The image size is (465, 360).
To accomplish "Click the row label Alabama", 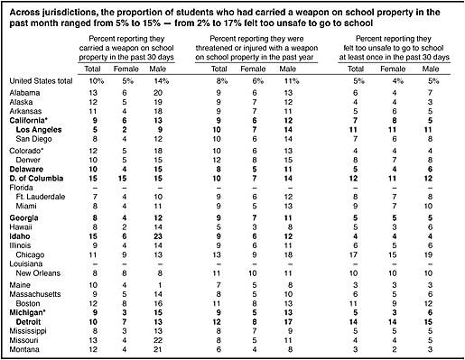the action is click(24, 93).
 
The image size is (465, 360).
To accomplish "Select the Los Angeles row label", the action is click(39, 130).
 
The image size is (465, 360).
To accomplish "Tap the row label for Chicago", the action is click(30, 255).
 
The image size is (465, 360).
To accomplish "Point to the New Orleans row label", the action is click(38, 273).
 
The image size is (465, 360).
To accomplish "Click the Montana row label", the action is click(24, 349).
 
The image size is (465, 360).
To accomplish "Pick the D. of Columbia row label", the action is click(36, 179).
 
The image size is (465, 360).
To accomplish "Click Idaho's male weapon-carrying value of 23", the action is click(158, 236).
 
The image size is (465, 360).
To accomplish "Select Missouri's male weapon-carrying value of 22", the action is click(158, 340).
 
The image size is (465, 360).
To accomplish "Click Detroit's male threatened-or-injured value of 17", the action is click(288, 322).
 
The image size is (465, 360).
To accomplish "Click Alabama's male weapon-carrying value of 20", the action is click(158, 93).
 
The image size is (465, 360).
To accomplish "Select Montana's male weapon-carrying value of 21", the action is click(158, 349).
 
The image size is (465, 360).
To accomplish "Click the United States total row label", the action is click(41, 81).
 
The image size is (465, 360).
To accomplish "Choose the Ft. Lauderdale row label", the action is click(41, 197).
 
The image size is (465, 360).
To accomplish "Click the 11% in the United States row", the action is click(292, 81).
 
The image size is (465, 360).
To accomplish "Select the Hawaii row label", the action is click(21, 227).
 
